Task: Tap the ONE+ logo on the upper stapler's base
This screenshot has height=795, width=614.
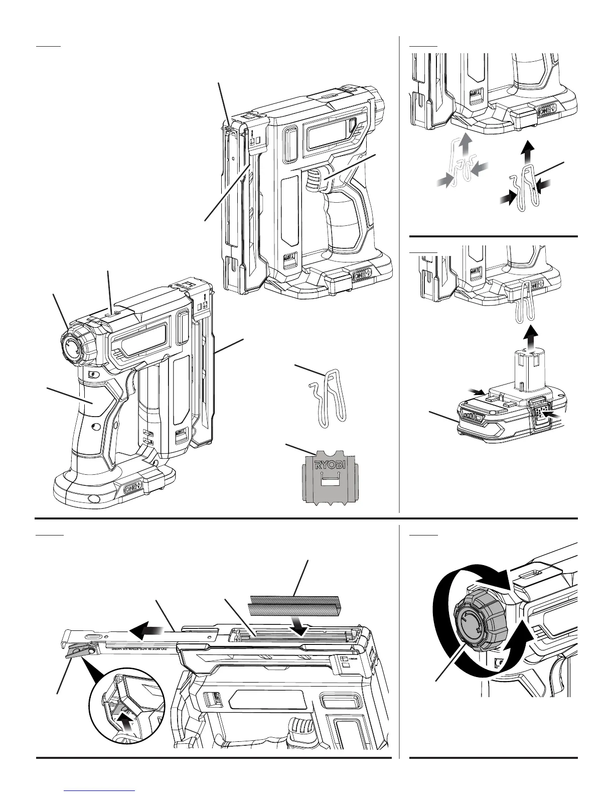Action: click(x=363, y=277)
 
